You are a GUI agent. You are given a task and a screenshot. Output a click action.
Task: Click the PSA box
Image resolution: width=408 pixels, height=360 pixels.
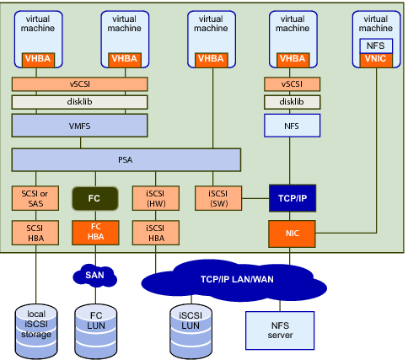pos(126,160)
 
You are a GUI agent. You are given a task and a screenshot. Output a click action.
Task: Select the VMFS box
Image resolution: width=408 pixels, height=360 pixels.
pos(79,126)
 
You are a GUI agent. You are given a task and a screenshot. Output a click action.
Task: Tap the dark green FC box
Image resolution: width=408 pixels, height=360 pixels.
pos(95,199)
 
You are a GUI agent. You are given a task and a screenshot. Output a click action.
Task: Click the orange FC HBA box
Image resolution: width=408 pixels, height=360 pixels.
pos(95,233)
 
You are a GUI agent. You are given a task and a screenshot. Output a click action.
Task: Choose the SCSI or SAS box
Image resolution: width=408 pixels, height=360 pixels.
pos(35,198)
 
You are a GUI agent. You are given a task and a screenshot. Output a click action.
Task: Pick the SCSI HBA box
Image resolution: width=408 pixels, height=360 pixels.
pos(35,233)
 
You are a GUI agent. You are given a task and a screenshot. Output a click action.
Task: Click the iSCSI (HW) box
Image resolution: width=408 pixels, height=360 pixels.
pos(156,198)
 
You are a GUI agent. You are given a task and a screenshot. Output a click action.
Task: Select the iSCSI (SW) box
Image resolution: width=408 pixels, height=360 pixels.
pos(218,198)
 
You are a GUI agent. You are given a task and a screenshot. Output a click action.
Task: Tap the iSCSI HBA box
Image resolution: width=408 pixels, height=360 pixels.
pos(156,233)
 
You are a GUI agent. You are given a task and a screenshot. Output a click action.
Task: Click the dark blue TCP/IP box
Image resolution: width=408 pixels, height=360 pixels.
pos(293,198)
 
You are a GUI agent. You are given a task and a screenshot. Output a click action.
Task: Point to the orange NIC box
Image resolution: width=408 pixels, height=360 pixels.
pos(292,234)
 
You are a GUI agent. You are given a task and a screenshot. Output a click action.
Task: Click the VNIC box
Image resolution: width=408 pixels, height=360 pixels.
pos(376,60)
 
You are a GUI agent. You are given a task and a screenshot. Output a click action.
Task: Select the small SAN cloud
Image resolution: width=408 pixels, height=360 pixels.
pos(94,276)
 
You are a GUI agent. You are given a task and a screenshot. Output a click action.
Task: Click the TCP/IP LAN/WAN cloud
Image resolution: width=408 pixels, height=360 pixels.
pos(234,281)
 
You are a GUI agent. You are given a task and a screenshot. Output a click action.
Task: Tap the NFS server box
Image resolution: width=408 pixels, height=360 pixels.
pos(280,330)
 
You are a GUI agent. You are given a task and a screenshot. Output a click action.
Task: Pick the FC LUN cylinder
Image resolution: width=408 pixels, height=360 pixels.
pos(95,331)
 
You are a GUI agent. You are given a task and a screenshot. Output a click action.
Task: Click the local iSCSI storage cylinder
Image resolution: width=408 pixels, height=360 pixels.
pos(36,331)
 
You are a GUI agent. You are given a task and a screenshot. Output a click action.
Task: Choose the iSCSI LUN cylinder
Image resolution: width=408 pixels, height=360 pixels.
pos(191,331)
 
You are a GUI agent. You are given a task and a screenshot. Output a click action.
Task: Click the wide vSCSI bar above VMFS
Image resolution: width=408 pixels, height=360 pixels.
pos(79,84)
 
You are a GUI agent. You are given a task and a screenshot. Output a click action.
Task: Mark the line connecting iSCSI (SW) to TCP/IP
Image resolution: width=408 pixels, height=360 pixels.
pos(255,198)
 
